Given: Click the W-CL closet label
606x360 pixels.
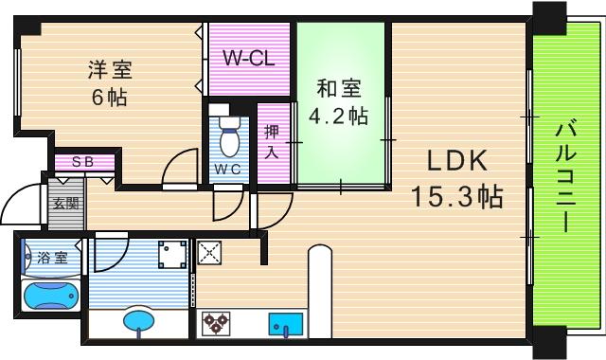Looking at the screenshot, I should tap(249, 58).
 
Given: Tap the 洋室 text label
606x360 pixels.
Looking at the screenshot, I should tap(111, 69).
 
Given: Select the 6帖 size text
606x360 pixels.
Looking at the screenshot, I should tap(110, 97).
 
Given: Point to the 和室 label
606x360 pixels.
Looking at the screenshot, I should tap(338, 90).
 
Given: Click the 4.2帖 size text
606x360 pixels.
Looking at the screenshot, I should tap(338, 117).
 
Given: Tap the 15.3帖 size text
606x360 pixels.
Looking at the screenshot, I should tap(456, 197).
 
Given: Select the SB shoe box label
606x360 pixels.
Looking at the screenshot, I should tap(83, 162).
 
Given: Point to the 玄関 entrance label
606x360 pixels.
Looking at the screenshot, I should tap(64, 203).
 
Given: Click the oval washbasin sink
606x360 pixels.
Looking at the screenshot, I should tap(139, 320).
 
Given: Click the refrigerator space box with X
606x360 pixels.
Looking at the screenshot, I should tap(209, 253).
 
